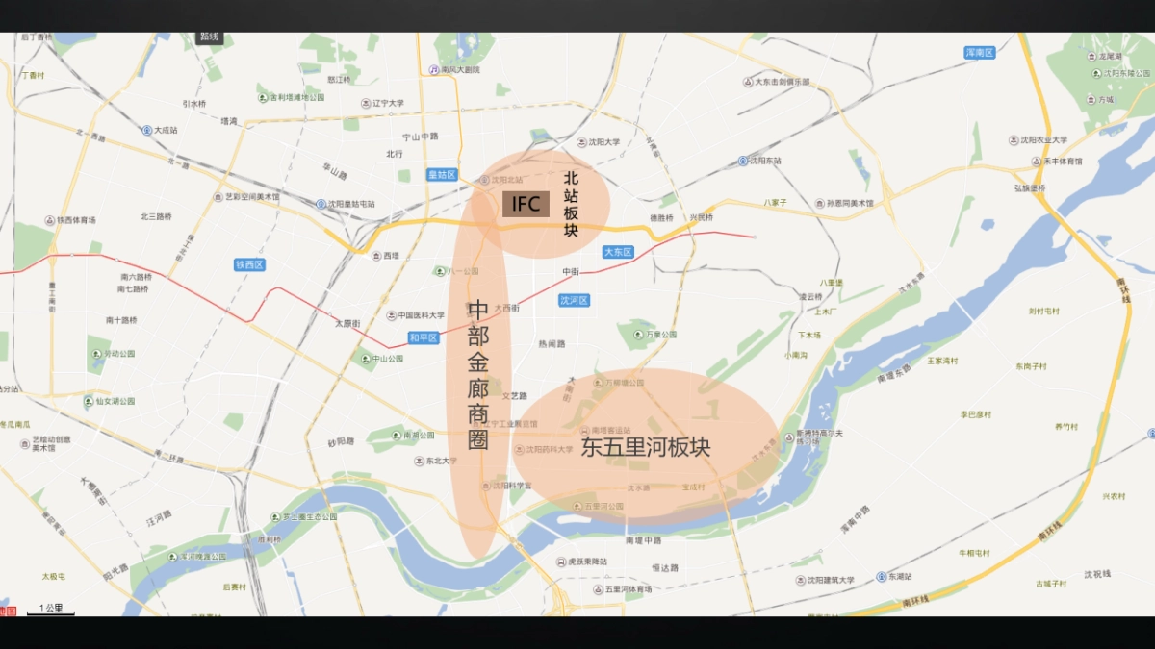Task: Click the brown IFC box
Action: tap(526, 204)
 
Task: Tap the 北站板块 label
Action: tap(571, 202)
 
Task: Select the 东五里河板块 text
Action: tap(645, 447)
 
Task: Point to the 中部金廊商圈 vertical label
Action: tap(478, 375)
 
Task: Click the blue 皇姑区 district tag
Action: tap(442, 175)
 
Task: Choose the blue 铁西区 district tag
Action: tap(249, 264)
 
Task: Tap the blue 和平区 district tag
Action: tap(423, 337)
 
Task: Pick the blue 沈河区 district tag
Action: tap(574, 300)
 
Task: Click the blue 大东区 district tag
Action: tap(617, 252)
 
